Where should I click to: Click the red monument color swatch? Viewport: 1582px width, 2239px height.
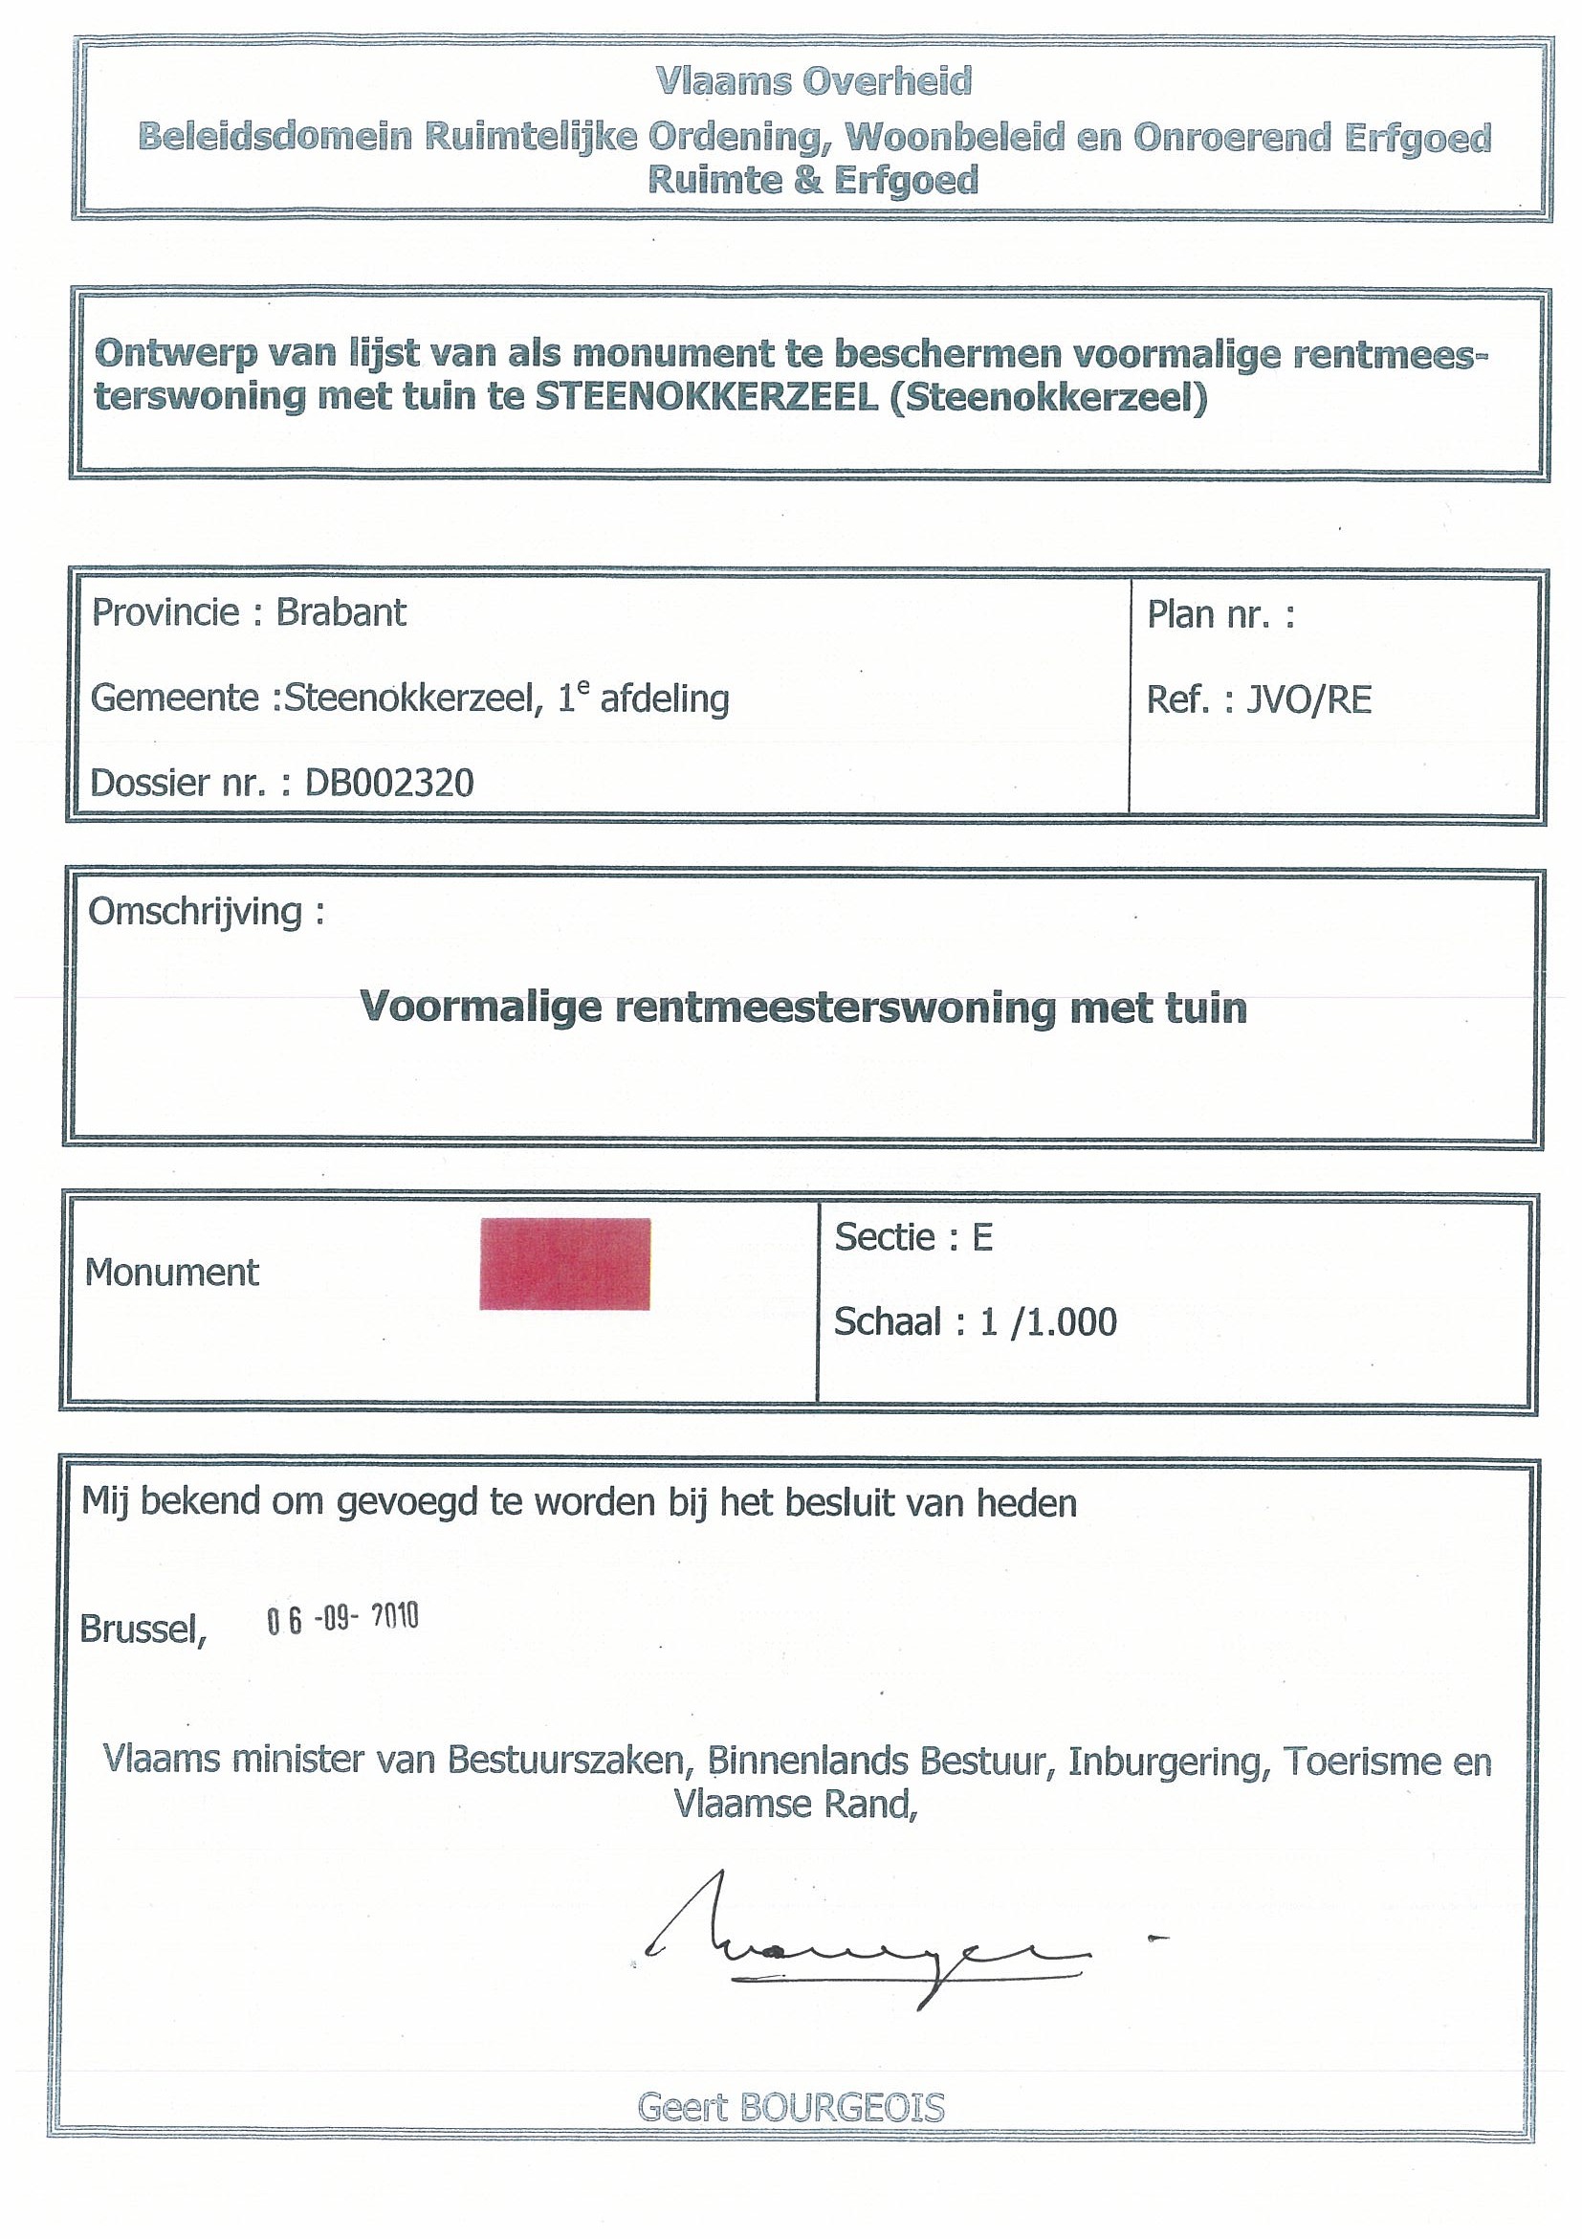(x=564, y=1263)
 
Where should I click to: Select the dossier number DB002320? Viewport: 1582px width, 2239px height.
(x=389, y=783)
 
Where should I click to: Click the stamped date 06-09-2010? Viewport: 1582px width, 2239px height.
(x=342, y=1619)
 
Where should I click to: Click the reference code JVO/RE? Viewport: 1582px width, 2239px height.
(x=1308, y=700)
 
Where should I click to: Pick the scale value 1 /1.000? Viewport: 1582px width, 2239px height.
(x=1048, y=1322)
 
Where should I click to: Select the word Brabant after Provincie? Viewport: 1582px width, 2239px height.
(x=341, y=612)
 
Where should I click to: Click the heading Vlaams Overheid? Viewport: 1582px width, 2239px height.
(x=814, y=82)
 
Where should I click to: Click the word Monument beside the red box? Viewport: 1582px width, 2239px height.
(x=171, y=1273)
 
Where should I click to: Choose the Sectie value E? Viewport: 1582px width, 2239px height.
(x=981, y=1237)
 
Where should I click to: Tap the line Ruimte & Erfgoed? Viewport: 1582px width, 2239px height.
(x=813, y=181)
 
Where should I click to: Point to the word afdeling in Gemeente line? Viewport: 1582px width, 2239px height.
(x=664, y=699)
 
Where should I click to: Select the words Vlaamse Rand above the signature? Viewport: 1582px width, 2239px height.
(x=796, y=1805)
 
